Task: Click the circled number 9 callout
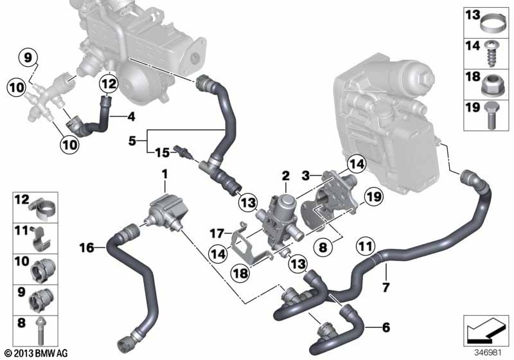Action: (28, 58)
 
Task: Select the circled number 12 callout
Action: (109, 84)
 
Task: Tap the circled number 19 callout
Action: (375, 197)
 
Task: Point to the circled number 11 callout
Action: (366, 246)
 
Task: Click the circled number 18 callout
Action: (241, 273)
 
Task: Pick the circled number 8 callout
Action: (323, 247)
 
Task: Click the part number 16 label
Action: (87, 248)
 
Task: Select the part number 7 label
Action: (386, 287)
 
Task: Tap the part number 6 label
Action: (386, 327)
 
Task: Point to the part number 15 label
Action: (163, 152)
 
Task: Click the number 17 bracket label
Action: (217, 233)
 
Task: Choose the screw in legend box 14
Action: (491, 53)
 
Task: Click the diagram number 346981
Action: (488, 353)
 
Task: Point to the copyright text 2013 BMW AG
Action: (37, 354)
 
